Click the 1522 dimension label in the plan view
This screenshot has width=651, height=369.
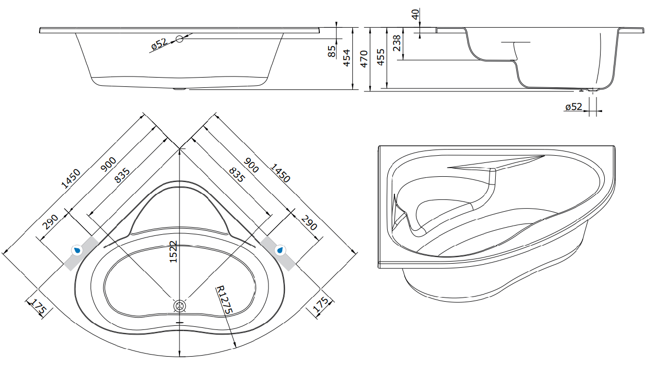tap(173, 252)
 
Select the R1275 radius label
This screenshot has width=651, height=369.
tap(225, 300)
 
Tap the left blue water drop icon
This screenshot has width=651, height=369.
tap(77, 250)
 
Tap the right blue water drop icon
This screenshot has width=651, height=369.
tap(280, 250)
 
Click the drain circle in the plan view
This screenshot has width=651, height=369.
tap(179, 306)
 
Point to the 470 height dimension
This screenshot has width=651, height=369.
tap(364, 59)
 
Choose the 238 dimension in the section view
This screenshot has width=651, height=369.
tap(396, 43)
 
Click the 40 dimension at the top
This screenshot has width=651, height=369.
tap(416, 14)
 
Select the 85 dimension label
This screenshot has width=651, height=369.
tap(332, 51)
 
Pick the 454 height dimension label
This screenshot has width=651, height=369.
tap(347, 58)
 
